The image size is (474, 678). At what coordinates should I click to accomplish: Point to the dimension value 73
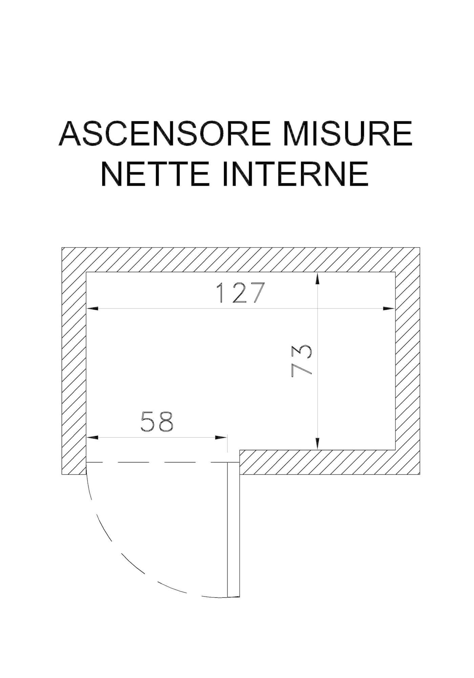click(301, 361)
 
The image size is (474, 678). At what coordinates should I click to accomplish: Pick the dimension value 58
click(157, 422)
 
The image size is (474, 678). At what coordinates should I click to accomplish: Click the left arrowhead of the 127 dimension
click(93, 308)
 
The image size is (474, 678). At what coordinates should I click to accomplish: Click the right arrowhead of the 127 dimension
click(389, 308)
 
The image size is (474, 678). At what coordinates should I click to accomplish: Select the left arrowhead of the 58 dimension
click(93, 437)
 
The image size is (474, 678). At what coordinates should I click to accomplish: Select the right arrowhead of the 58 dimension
click(221, 437)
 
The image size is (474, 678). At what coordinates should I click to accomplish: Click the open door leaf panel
click(233, 529)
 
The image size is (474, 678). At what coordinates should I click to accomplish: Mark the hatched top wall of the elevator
click(241, 260)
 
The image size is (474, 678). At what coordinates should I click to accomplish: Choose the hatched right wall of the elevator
click(408, 361)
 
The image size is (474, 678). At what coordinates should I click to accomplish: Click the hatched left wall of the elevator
click(74, 361)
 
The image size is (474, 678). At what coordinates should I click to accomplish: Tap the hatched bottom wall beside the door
click(330, 462)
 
